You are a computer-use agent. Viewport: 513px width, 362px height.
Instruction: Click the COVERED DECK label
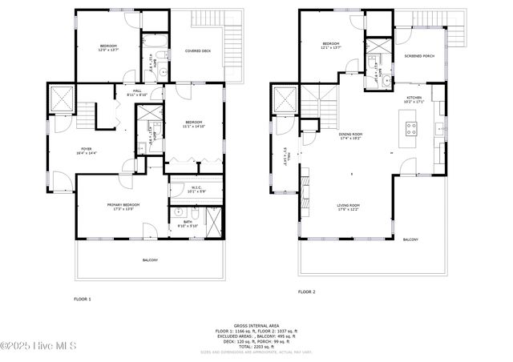197,50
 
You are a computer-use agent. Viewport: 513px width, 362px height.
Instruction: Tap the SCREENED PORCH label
419,56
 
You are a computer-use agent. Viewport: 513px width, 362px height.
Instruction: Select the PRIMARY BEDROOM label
123,205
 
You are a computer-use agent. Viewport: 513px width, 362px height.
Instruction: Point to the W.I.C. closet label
196,189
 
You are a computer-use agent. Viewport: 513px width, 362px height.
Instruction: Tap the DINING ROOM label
350,134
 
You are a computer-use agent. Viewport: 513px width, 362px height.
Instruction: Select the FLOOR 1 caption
83,299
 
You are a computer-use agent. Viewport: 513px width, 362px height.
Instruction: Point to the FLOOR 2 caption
306,292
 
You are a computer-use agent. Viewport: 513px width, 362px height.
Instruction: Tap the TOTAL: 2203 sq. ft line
256,345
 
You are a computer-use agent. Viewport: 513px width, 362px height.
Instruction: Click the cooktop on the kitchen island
412,126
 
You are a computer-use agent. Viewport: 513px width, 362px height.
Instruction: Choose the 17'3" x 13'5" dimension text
123,210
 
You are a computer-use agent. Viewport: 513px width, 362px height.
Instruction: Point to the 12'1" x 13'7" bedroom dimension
332,47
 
